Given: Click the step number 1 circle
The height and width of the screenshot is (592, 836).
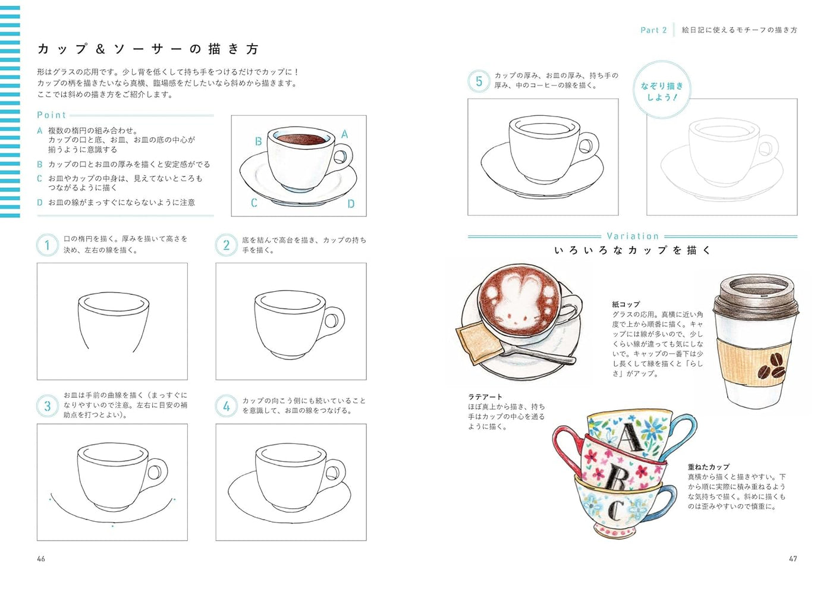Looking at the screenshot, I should [48, 245].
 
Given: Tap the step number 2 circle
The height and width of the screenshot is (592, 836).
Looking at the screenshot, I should [226, 245].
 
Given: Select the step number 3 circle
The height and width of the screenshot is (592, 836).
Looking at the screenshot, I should [48, 406].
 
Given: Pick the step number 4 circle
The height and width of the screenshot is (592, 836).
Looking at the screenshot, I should [226, 406].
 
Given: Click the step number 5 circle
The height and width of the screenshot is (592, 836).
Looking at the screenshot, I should [479, 81].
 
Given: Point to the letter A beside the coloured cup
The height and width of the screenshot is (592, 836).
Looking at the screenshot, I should [344, 134].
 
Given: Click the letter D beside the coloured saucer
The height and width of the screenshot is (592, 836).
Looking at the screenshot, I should [351, 204].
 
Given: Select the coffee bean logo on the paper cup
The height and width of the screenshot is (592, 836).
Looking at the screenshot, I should [771, 364].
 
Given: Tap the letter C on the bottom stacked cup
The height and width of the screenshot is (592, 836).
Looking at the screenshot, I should [617, 509].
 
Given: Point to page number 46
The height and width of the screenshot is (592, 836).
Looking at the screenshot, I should [41, 559].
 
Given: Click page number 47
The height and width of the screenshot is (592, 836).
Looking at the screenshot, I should [793, 559].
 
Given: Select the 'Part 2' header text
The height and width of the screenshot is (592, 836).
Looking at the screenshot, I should [653, 30].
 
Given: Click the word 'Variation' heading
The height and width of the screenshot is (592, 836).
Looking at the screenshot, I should [633, 236].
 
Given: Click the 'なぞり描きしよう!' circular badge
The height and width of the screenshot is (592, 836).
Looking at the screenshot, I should [661, 91].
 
